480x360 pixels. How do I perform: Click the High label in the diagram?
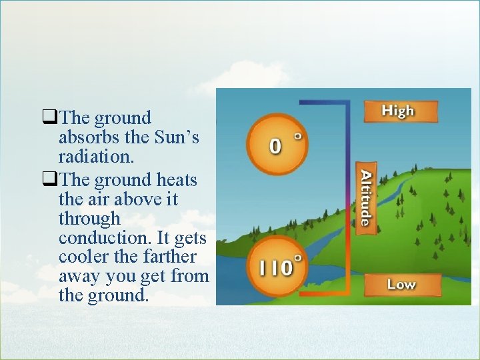[x=398, y=111]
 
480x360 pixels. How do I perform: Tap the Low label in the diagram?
[x=401, y=285]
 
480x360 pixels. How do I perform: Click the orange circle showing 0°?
[x=276, y=143]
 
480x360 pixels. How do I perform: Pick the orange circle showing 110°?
[x=276, y=267]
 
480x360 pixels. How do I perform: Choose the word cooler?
[x=82, y=257]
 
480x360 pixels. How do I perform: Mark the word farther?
[x=175, y=257]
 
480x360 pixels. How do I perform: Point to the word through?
[x=89, y=219]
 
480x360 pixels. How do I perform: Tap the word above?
[x=136, y=199]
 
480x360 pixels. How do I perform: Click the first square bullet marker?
[x=49, y=119]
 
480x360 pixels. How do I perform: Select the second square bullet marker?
[x=49, y=180]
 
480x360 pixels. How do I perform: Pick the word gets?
[x=191, y=238]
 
